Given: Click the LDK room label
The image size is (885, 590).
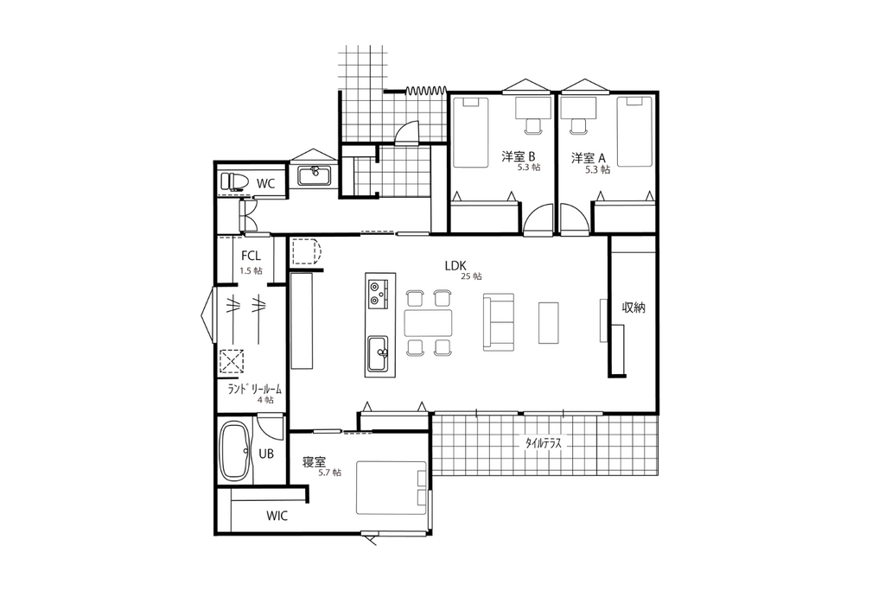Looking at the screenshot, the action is pos(455,266).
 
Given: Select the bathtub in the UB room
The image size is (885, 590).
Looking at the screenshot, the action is pos(236,451).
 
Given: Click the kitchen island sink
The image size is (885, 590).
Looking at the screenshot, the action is pos(378,353).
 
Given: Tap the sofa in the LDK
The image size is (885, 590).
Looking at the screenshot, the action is pos(499,322).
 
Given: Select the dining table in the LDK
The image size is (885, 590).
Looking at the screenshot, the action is pos(429,322).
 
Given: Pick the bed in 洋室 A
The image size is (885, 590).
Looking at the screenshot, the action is pos(635,131).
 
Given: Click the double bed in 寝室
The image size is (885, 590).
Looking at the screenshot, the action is pos(392,487).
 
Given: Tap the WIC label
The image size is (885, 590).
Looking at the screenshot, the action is pos(277,516).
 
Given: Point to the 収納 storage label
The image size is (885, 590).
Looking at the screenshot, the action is pos(634,308).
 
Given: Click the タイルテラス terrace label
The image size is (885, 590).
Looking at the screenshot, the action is pos(544,443).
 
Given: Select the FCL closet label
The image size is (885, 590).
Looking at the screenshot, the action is pos(251,256).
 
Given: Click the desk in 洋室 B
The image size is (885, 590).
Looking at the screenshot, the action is pos(533,108).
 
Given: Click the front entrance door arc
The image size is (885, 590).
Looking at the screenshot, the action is pos(406,131).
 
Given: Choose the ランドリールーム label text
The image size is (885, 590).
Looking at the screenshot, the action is pos(255,390).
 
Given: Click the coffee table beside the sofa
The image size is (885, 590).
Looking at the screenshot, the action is pos(548,322).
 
